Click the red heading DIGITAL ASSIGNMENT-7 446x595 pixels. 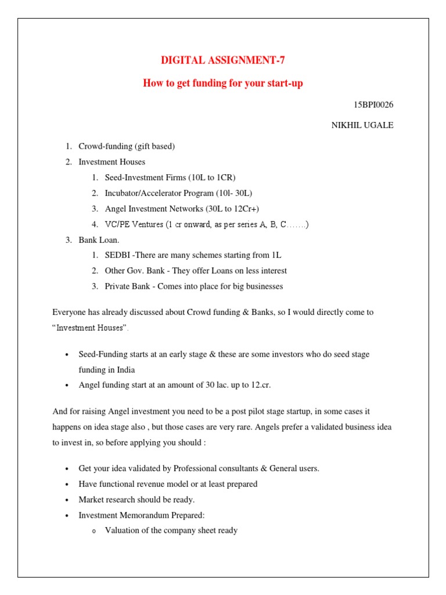point(222,60)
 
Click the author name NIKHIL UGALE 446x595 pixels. point(360,126)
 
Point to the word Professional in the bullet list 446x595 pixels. point(206,468)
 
